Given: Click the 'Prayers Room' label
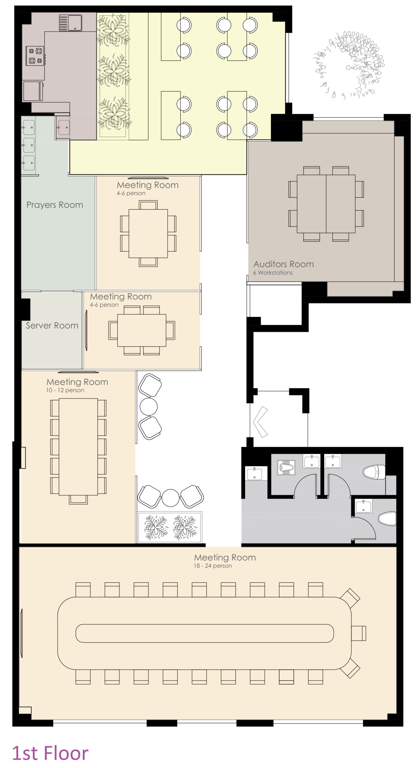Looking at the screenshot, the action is click(x=55, y=205).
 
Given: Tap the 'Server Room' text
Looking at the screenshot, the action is click(x=52, y=325).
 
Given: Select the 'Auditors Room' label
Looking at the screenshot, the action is click(x=284, y=264).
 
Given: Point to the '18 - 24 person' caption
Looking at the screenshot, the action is click(x=213, y=566).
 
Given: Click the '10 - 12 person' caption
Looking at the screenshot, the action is click(x=65, y=390).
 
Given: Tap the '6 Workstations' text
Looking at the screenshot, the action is click(x=273, y=273).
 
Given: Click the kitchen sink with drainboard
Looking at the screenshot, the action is click(x=71, y=23).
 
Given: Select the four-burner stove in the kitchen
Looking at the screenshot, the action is click(x=35, y=56).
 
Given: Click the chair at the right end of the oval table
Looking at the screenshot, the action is click(x=359, y=633).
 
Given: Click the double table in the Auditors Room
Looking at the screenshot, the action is click(x=326, y=204).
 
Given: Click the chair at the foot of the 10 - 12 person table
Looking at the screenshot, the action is click(x=78, y=500).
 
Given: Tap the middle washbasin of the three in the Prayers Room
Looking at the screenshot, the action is click(x=29, y=145).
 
